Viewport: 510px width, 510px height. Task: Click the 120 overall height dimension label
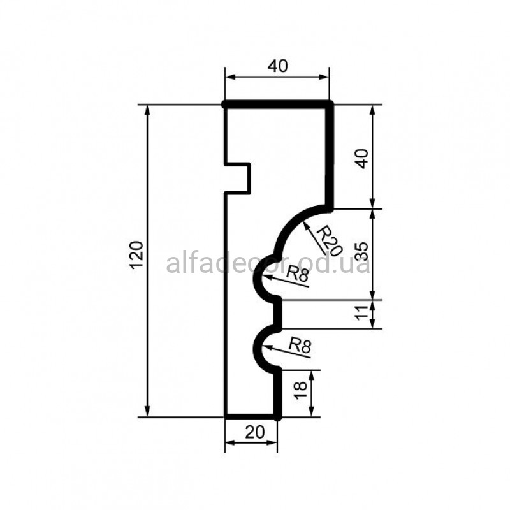(136, 254)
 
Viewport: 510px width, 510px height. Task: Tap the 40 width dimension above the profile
(278, 66)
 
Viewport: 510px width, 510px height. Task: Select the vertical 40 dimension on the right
(363, 158)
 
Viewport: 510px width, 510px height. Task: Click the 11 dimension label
(361, 313)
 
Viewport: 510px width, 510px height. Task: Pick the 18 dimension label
(300, 390)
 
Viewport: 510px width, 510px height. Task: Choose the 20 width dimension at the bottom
(255, 432)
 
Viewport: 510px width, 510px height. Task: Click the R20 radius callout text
(330, 241)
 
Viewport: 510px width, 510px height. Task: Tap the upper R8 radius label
(297, 274)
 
